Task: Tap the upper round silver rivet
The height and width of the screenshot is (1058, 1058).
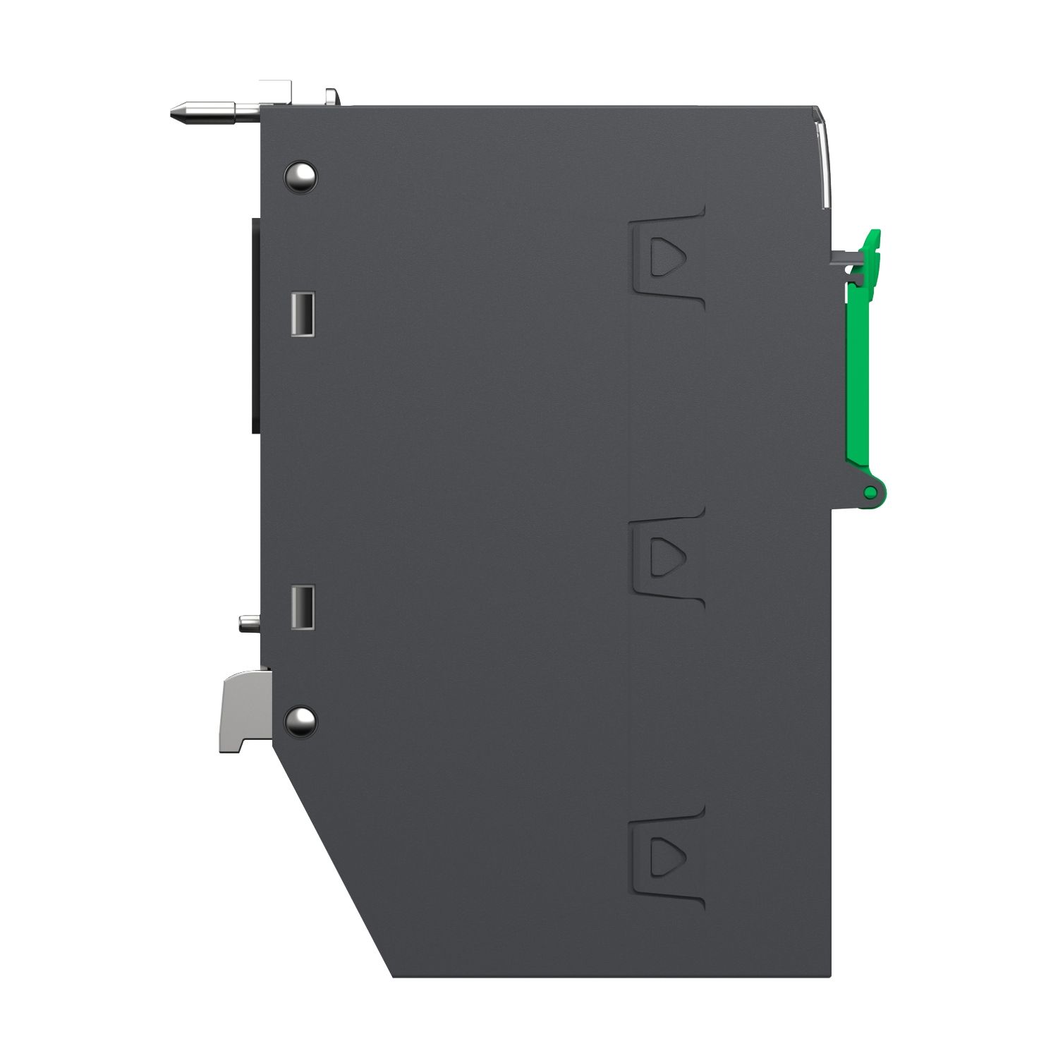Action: point(300,175)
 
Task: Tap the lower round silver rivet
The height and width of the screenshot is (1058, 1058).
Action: point(300,719)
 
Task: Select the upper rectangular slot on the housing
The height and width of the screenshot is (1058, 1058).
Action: point(302,314)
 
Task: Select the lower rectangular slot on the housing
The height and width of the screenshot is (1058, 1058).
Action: point(302,607)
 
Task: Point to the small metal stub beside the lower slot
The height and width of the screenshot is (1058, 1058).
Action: point(249,623)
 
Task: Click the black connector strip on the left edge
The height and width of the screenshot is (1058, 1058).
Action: point(256,324)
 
